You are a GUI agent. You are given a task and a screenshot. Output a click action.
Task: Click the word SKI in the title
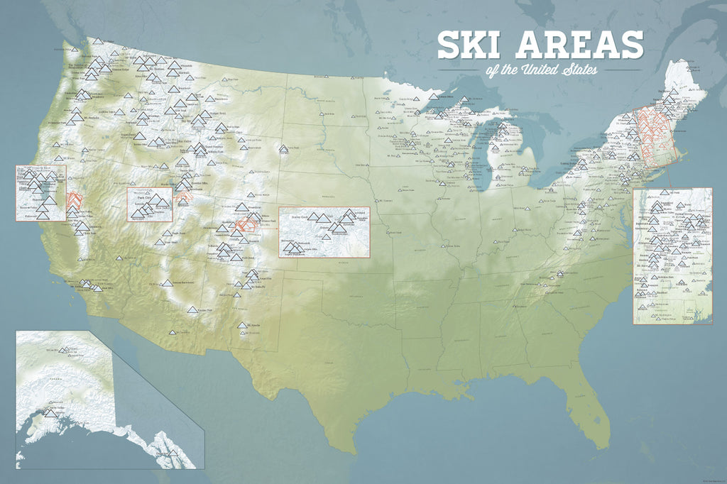[x=468, y=45]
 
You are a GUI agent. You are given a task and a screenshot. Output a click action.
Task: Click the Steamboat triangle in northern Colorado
[x=241, y=207]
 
